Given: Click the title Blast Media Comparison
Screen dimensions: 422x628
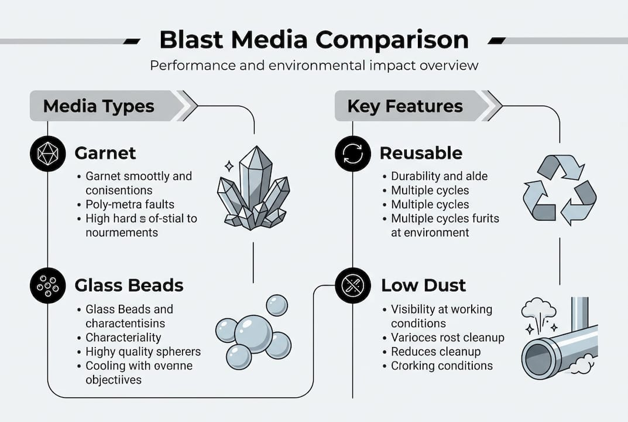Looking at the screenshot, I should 314,40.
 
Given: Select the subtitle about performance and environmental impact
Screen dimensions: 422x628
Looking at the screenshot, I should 314,65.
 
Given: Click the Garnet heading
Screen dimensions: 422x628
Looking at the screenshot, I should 105,154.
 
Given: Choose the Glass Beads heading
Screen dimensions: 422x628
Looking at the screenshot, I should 129,285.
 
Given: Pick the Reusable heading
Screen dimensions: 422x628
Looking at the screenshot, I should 421,154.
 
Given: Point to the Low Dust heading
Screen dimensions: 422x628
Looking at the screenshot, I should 424,285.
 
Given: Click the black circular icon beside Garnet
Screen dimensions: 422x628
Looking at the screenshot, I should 47,154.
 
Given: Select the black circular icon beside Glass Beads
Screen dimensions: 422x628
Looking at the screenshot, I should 47,285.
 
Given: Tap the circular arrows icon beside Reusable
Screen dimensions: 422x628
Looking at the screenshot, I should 353,154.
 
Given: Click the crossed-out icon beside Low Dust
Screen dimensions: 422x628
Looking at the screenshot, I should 353,285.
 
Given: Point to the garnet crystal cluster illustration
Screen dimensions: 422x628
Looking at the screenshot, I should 254,188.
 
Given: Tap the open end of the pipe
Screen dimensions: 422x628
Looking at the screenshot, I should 537,359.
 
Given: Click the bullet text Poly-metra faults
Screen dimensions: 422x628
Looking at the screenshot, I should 130,205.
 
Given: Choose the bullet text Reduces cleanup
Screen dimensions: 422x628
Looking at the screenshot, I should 436,352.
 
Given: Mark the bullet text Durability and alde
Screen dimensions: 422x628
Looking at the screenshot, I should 440,176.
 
